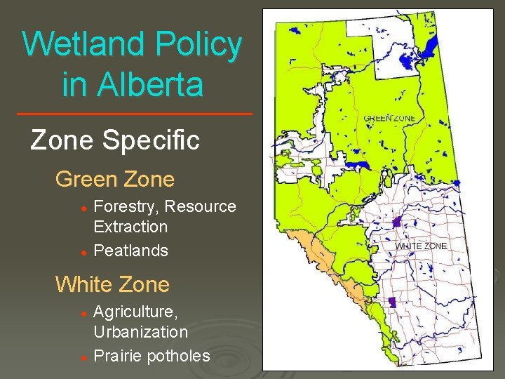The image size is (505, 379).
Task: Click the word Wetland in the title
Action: [x=83, y=44]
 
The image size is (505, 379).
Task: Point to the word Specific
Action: [x=151, y=140]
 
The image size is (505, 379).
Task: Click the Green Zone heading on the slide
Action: [x=115, y=179]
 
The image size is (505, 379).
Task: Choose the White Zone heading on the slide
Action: [x=112, y=284]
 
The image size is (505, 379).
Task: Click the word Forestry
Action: [x=126, y=206]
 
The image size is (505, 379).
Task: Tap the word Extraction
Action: [x=130, y=227]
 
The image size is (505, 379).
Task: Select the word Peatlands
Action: [x=130, y=251]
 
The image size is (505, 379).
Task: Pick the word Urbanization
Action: [x=140, y=331]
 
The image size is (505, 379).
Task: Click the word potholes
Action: [x=178, y=356]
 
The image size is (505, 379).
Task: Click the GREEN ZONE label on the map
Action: [x=390, y=118]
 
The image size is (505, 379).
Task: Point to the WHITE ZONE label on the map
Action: [x=421, y=246]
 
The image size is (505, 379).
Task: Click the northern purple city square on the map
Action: [x=397, y=222]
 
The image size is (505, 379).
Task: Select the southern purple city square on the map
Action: [x=391, y=302]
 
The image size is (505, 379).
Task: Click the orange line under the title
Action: [x=133, y=114]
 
